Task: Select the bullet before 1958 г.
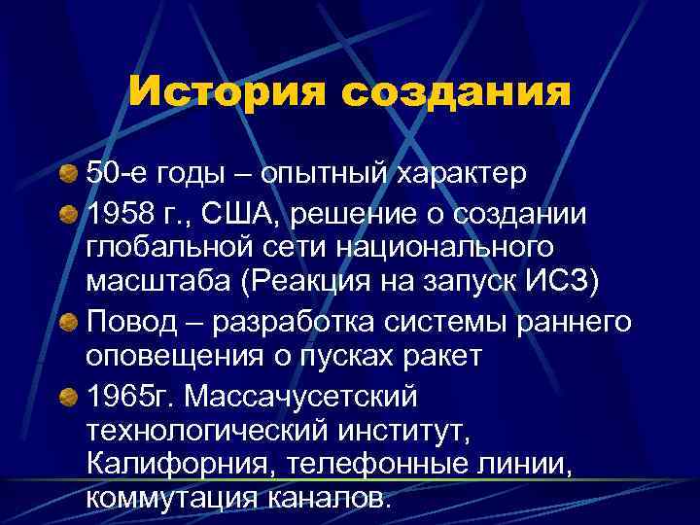pyautogui.click(x=69, y=213)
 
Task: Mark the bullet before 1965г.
pyautogui.click(x=69, y=396)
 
